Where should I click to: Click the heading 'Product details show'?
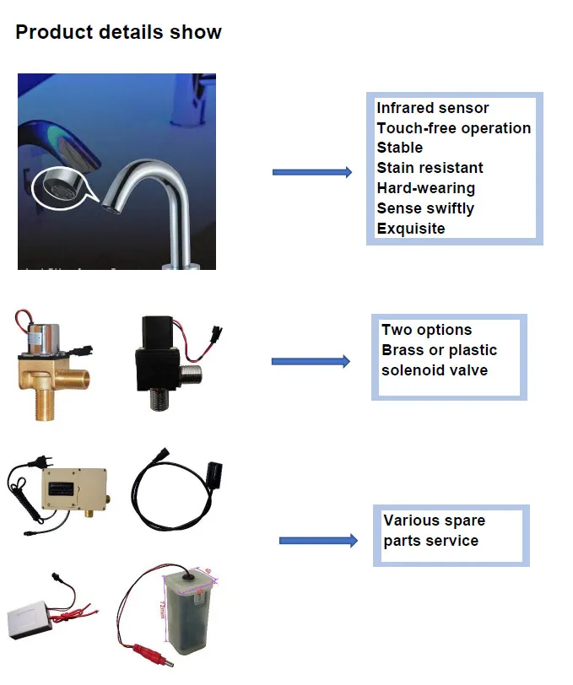(118, 33)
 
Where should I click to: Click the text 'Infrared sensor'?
(432, 108)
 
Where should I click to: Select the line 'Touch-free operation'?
(453, 128)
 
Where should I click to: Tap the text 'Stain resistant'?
(430, 168)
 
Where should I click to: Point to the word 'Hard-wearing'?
(425, 188)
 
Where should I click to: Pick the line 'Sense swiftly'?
(425, 208)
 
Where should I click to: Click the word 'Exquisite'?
(410, 229)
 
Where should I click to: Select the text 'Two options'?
(426, 330)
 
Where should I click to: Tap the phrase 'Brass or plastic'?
(439, 350)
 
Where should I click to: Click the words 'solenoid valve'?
(434, 370)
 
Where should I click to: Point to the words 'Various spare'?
(434, 520)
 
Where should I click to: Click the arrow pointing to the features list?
(311, 172)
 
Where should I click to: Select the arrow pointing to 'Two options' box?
(310, 362)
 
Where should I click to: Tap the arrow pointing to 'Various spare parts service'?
(317, 541)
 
